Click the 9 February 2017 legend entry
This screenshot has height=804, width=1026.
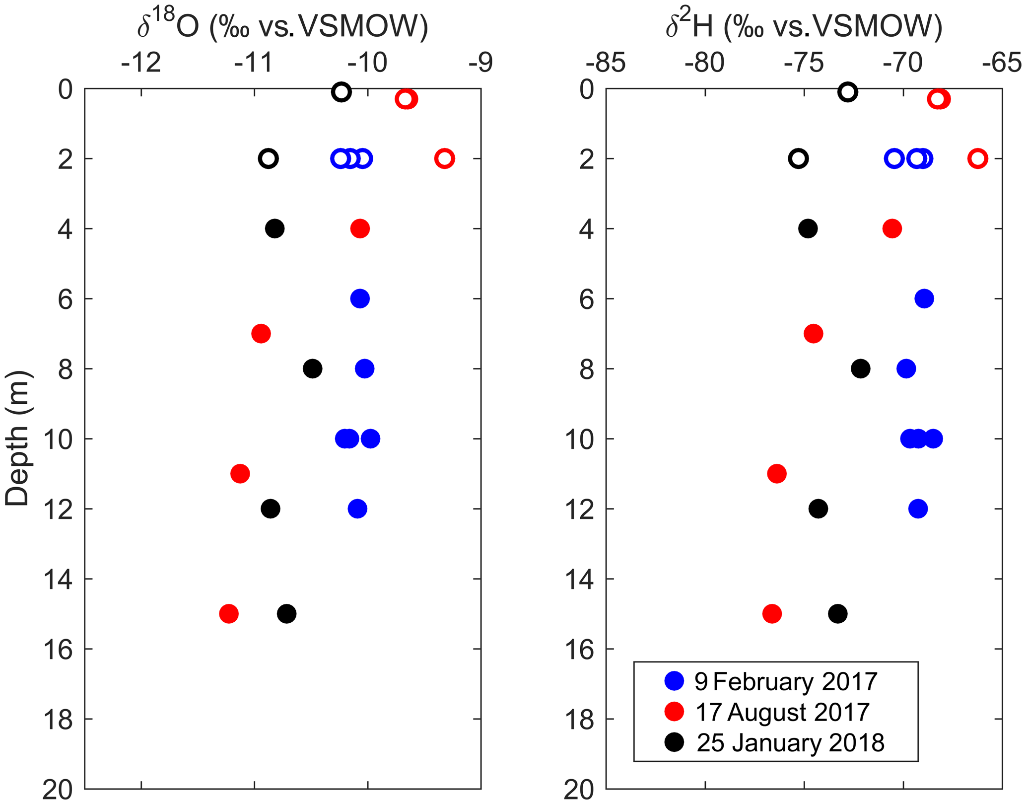786,681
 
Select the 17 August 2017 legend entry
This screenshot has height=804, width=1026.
782,712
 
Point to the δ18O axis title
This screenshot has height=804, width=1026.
282,26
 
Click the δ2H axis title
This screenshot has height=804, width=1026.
804,26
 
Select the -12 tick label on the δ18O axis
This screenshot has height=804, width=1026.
141,63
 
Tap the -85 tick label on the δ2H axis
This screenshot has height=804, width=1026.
606,63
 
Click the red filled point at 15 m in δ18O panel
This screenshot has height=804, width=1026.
229,614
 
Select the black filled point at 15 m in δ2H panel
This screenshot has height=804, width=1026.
838,614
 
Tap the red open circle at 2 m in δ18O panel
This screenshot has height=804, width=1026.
444,159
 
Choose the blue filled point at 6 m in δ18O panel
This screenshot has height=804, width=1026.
360,299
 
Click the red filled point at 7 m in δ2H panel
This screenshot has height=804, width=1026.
813,334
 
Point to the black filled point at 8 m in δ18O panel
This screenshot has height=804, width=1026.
313,369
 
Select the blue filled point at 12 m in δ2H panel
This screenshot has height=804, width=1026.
918,509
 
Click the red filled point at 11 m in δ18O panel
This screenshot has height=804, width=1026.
240,474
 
